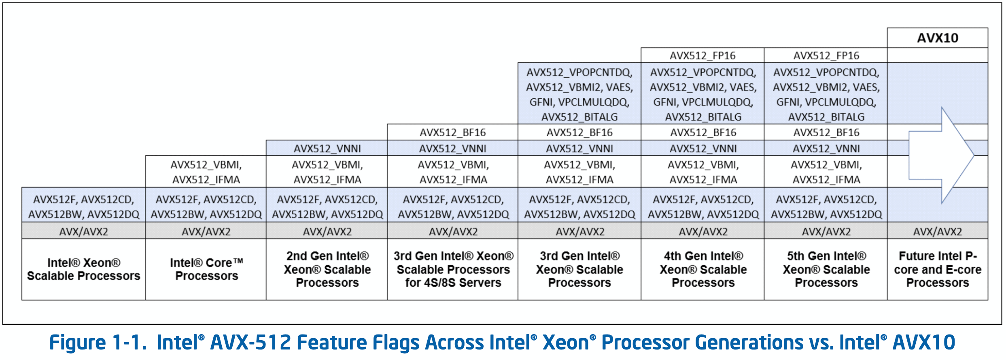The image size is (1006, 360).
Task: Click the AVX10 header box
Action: [x=937, y=38]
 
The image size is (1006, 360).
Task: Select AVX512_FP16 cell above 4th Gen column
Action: [x=703, y=55]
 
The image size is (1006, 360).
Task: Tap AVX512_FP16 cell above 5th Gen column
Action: [x=826, y=55]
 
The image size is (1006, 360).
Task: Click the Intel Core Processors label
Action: [x=206, y=269]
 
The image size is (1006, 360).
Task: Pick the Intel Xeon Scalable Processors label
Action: [x=83, y=269]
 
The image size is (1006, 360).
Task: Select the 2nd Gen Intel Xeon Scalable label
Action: [x=327, y=269]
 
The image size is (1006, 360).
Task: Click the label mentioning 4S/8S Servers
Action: [x=453, y=269]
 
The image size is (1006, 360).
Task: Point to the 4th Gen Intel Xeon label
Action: [x=703, y=269]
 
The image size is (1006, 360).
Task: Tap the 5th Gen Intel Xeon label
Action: [x=826, y=269]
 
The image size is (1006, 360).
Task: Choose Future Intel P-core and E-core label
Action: [x=937, y=269]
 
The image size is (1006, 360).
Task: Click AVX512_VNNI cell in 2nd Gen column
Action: [x=327, y=148]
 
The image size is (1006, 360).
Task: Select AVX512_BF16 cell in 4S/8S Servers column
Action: [x=453, y=132]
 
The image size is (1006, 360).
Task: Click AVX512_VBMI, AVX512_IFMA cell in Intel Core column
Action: [x=206, y=172]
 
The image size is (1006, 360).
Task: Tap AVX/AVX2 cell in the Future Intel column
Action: [x=937, y=231]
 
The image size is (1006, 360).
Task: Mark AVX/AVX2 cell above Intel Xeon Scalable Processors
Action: [x=83, y=231]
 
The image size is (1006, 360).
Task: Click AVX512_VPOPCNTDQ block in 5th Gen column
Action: [x=826, y=94]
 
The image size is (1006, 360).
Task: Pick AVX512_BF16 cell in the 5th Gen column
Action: [x=826, y=132]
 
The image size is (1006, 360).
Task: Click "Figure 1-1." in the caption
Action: [x=98, y=343]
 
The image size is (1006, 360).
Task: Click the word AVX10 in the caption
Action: [x=924, y=343]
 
